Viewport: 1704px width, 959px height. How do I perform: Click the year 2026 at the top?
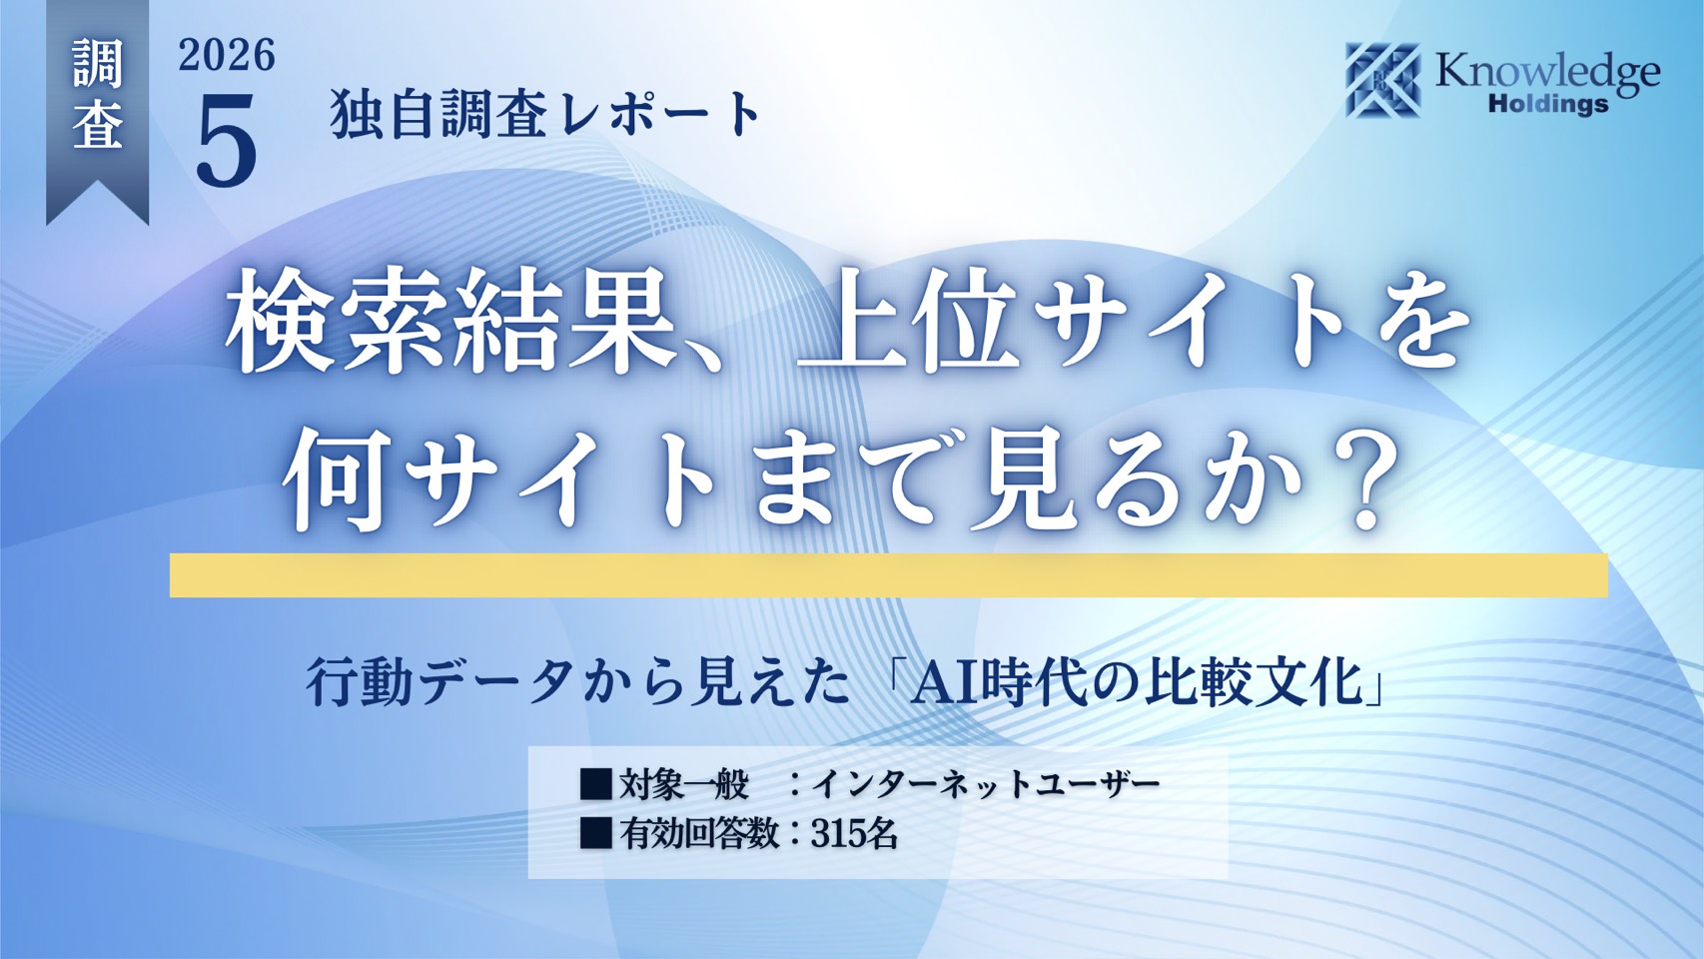pyautogui.click(x=227, y=56)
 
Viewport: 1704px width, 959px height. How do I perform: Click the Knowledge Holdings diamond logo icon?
pyautogui.click(x=1383, y=80)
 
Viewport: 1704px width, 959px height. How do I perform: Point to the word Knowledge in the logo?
pyautogui.click(x=1547, y=76)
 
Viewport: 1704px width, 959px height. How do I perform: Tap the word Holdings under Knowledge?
pyautogui.click(x=1548, y=104)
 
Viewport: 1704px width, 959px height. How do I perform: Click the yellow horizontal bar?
pyautogui.click(x=889, y=575)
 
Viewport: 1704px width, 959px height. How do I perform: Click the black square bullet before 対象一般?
pyautogui.click(x=596, y=785)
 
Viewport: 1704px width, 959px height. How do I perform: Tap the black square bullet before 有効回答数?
pyautogui.click(x=596, y=834)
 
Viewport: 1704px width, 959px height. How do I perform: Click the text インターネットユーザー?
pyautogui.click(x=985, y=785)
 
